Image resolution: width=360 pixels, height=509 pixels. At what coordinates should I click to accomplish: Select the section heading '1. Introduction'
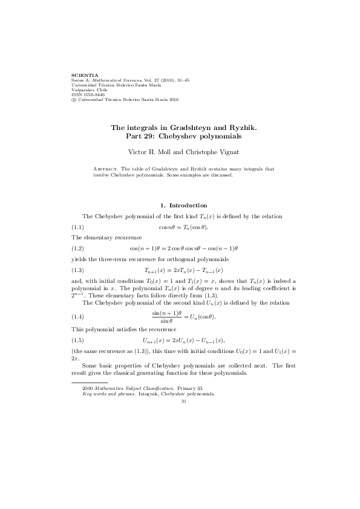tap(180, 206)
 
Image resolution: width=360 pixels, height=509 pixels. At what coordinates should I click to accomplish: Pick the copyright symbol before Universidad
tap(74, 100)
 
